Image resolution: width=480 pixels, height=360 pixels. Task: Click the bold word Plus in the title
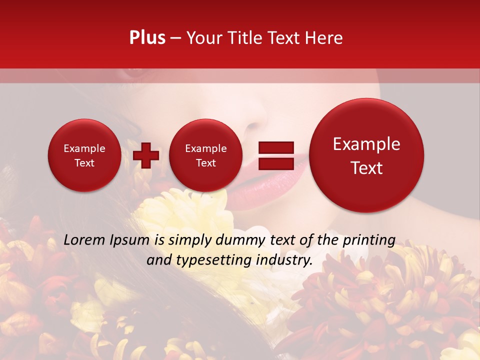coord(147,38)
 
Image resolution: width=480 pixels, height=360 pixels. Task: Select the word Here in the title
coord(324,38)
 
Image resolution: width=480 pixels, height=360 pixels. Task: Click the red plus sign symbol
coord(146,155)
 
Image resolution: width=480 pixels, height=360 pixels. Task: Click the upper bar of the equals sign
coord(276,147)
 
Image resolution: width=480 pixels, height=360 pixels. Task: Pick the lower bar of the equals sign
coord(276,163)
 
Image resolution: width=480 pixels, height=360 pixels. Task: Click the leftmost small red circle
coord(84,155)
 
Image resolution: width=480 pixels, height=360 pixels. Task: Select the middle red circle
coord(205,155)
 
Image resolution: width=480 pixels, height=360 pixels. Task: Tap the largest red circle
coord(366,155)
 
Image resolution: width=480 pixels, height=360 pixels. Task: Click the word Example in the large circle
coord(366,144)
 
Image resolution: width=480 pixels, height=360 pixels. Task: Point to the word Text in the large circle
coord(366,168)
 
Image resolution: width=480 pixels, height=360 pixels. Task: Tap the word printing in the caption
coord(369,240)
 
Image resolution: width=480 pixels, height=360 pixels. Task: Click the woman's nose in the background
coord(257,120)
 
